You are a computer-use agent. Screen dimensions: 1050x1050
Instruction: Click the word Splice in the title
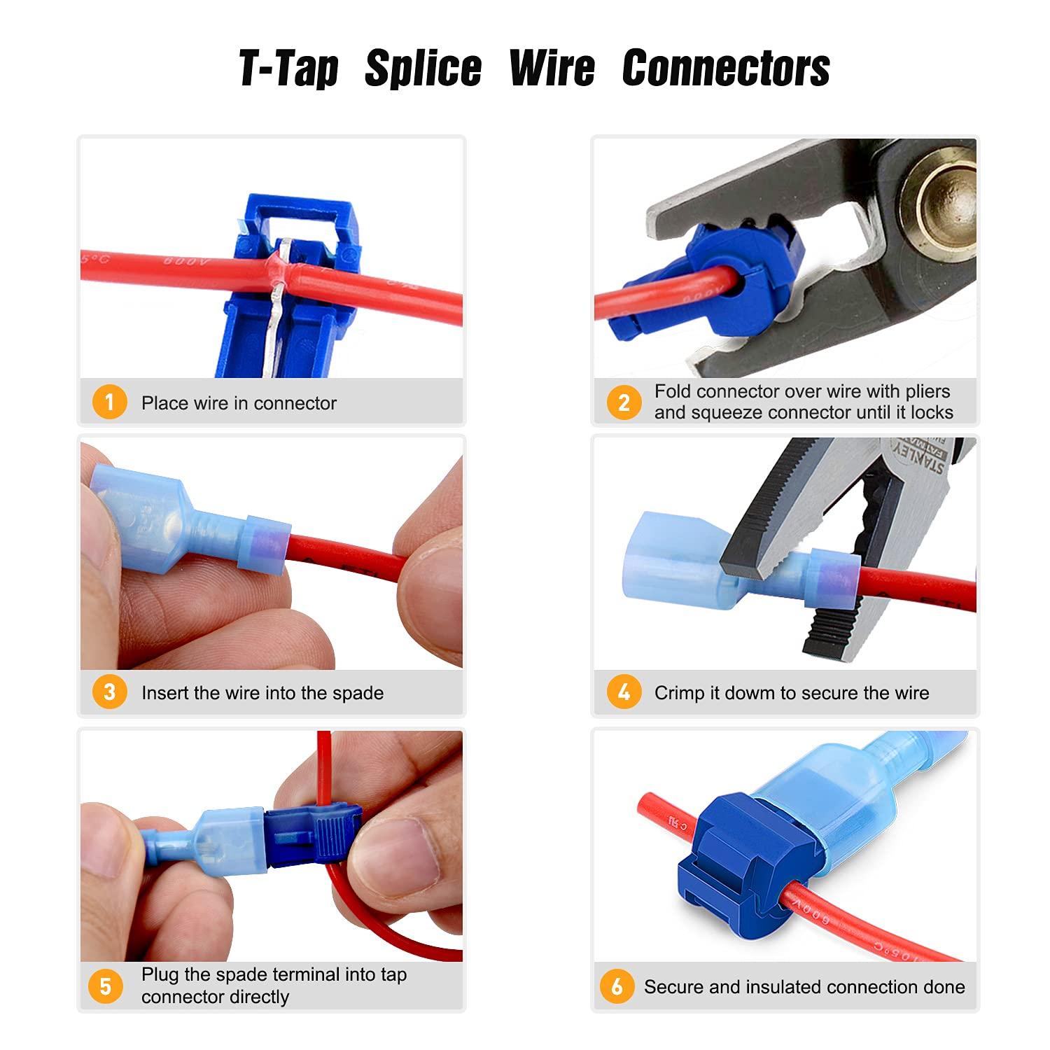(x=423, y=69)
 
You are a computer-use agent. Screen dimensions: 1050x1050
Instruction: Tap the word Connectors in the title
(x=725, y=69)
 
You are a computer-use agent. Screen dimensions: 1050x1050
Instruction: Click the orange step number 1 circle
(x=109, y=402)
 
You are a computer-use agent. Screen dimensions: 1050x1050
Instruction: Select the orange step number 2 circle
(x=623, y=402)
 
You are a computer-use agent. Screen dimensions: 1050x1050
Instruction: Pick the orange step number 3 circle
(x=109, y=692)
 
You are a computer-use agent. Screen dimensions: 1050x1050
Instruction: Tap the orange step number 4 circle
(x=623, y=692)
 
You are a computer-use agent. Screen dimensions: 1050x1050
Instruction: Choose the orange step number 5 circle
(x=106, y=986)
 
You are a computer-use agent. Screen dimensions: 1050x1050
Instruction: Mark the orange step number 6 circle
(x=617, y=986)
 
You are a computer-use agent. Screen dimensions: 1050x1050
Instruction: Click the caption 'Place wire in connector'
(x=239, y=403)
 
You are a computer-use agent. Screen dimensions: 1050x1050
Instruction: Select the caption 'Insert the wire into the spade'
(x=262, y=693)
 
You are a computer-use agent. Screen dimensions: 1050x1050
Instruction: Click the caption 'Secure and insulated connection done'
(x=804, y=987)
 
